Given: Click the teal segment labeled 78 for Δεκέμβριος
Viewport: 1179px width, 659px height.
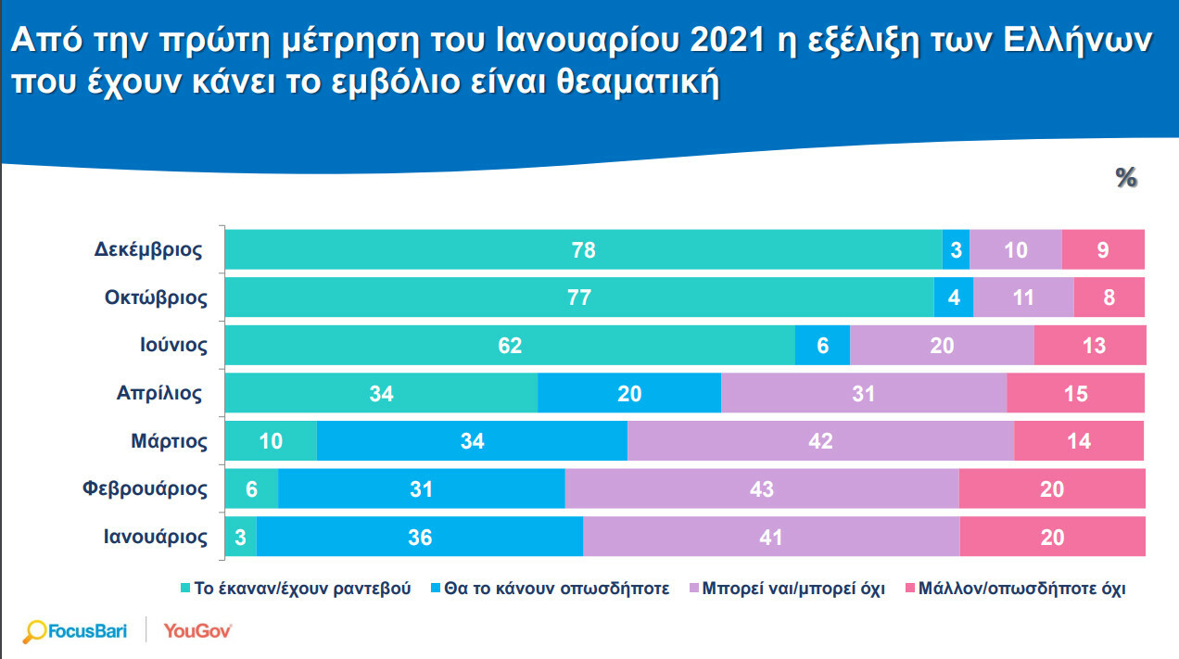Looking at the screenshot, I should (x=583, y=250).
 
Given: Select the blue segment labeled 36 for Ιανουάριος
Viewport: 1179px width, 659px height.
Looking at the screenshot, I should (x=419, y=538).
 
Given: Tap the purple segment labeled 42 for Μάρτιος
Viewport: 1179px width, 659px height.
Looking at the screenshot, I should (x=820, y=441).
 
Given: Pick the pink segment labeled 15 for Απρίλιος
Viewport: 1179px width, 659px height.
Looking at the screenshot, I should (x=1075, y=394).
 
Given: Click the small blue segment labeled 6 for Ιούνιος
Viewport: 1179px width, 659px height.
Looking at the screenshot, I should (x=822, y=346).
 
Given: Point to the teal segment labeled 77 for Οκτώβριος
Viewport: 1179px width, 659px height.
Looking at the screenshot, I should (x=578, y=298).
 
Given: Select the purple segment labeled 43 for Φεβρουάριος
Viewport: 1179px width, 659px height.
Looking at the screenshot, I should (x=761, y=489).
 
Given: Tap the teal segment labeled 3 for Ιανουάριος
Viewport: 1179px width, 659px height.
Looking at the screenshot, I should (x=240, y=538).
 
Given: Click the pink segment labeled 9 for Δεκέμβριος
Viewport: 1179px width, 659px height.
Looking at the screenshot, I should (x=1103, y=250).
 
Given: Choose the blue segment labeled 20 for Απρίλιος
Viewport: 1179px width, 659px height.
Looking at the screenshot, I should (x=628, y=394).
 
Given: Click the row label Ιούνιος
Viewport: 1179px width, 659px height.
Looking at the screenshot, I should (x=168, y=346).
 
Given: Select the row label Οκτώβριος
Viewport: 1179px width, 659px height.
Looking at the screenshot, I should (x=156, y=298).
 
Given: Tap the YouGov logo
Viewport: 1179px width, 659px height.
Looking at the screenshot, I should (x=197, y=631).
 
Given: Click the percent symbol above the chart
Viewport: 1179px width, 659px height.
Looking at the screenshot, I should (x=1126, y=178).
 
